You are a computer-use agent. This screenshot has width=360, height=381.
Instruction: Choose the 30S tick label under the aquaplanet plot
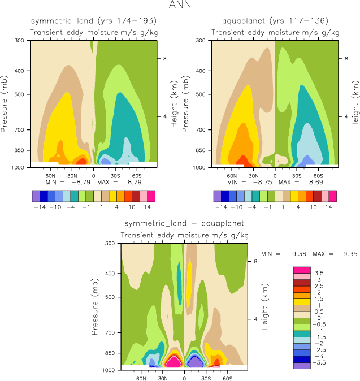click(x=297, y=175)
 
